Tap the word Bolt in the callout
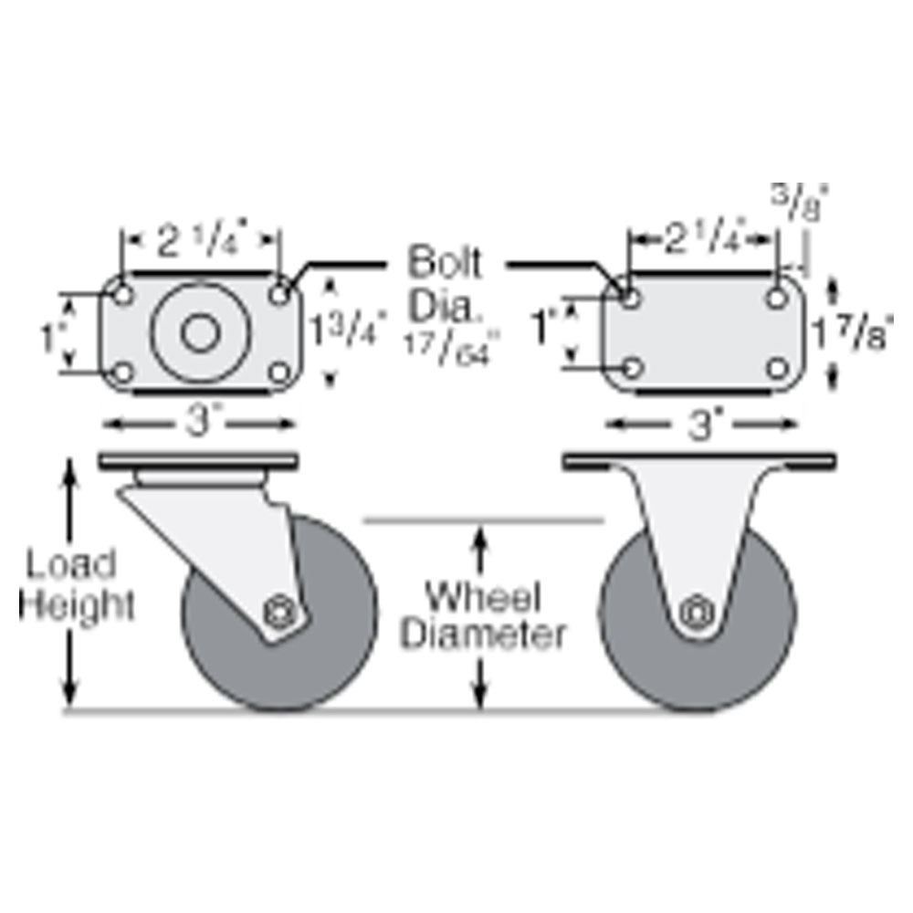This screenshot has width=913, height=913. pyautogui.click(x=445, y=263)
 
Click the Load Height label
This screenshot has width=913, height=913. pyautogui.click(x=78, y=585)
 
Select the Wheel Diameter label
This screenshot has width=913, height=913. pyautogui.click(x=483, y=616)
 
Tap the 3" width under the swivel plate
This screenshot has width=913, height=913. pyautogui.click(x=198, y=425)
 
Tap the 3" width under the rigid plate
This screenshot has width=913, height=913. pyautogui.click(x=701, y=425)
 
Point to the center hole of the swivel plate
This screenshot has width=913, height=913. pyautogui.click(x=198, y=332)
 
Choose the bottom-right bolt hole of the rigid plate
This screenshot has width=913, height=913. pyautogui.click(x=777, y=368)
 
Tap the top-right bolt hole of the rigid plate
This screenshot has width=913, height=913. pyautogui.click(x=777, y=298)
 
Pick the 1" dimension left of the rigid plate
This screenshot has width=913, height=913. pyautogui.click(x=545, y=326)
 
